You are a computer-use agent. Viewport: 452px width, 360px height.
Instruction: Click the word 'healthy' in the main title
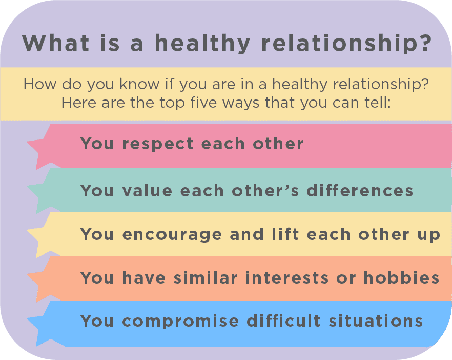[202, 43]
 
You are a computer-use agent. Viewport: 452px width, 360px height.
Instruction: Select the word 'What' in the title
[55, 43]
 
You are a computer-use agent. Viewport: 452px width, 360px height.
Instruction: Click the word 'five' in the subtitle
[203, 103]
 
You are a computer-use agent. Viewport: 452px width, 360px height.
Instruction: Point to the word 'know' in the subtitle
[139, 84]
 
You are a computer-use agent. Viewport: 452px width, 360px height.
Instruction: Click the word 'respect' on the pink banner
[158, 144]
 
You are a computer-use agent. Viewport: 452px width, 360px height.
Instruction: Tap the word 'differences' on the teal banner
[360, 191]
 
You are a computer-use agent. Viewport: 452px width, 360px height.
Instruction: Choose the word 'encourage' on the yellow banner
[172, 235]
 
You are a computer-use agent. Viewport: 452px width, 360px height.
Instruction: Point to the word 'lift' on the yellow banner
[285, 234]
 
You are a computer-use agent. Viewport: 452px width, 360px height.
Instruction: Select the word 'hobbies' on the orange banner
[401, 278]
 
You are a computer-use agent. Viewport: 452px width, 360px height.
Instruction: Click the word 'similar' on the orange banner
[206, 278]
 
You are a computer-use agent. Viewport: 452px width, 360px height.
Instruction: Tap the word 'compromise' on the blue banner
[180, 322]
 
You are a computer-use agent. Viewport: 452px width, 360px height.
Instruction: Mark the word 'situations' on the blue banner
[376, 321]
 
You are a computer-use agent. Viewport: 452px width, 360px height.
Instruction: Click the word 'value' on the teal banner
[147, 191]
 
